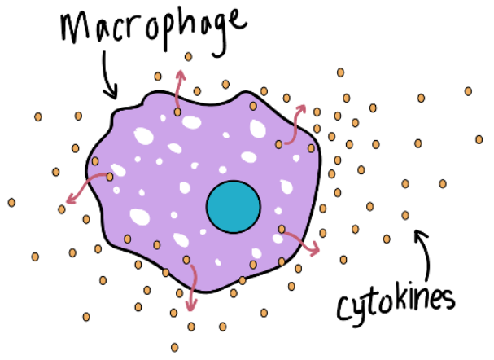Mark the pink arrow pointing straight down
[x=190, y=285]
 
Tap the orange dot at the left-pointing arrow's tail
[x=110, y=177]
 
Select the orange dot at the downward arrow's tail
[x=186, y=260]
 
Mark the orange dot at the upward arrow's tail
[x=177, y=111]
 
